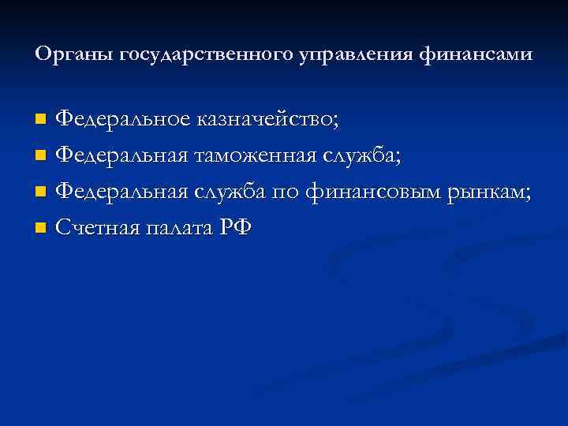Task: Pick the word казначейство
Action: [268, 119]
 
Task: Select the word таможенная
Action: [254, 156]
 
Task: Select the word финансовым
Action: [371, 192]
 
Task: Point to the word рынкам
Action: [489, 192]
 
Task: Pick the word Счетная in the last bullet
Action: [99, 228]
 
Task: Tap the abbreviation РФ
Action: [235, 228]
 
